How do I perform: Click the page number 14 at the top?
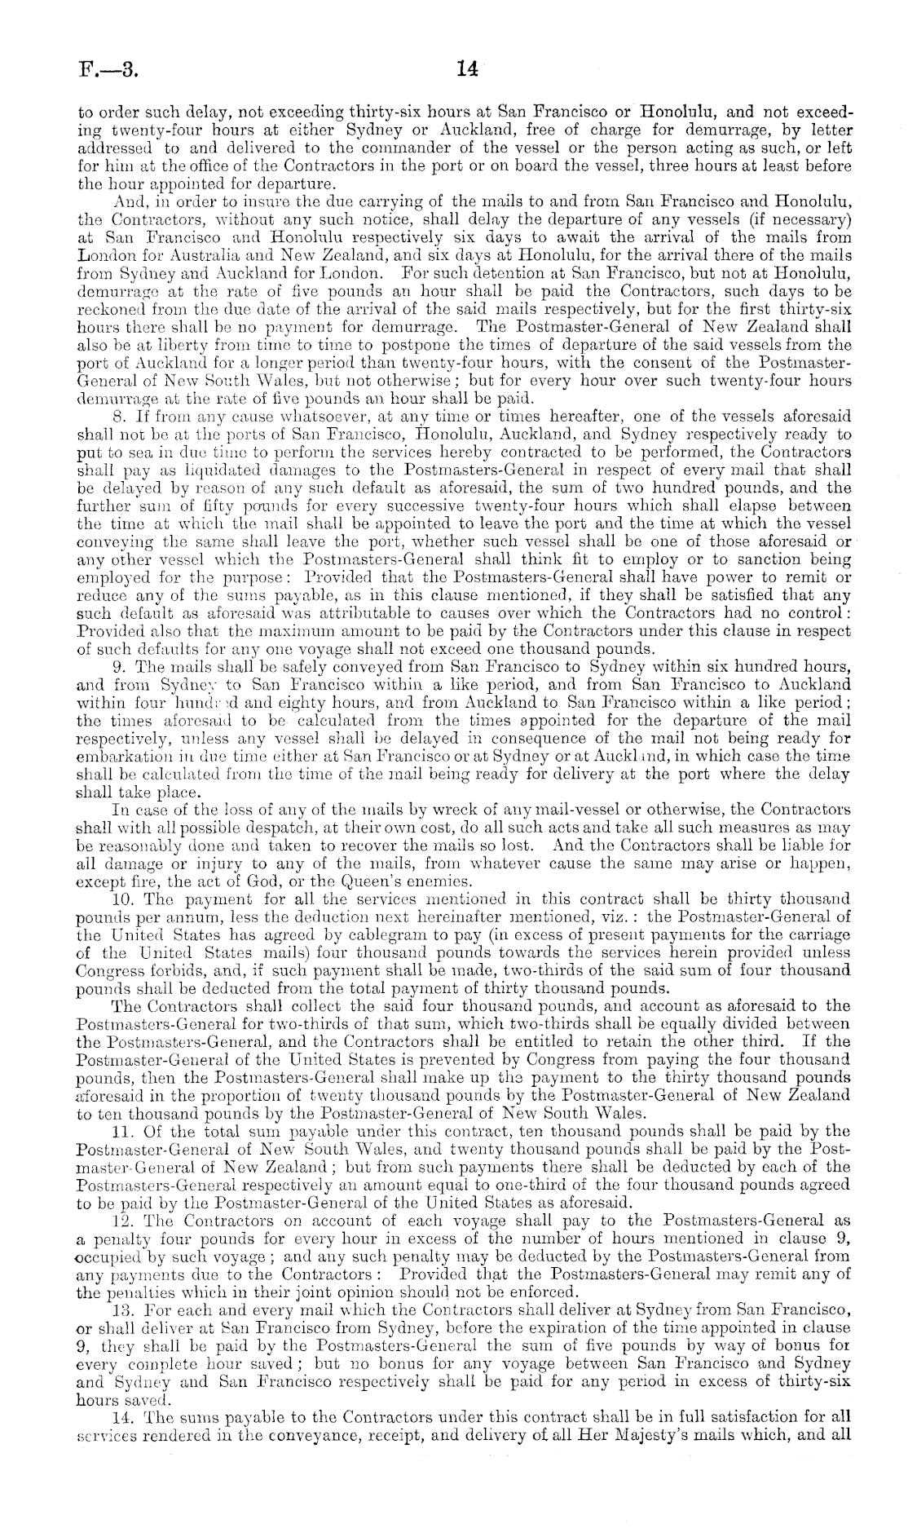tap(466, 71)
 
